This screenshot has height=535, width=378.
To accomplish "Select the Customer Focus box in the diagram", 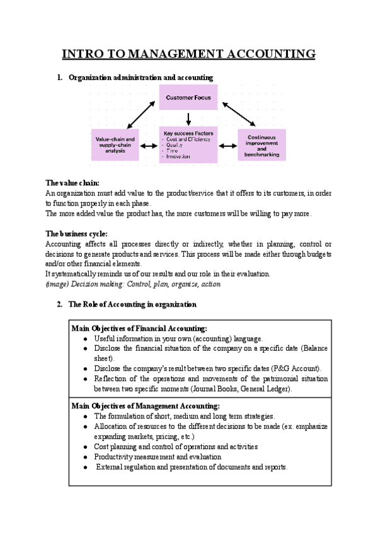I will [x=188, y=98].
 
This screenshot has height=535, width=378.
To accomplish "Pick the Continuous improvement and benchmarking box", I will [x=261, y=145].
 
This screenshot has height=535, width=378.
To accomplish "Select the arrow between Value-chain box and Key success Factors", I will [x=149, y=146].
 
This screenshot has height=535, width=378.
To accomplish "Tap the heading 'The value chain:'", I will [x=72, y=182].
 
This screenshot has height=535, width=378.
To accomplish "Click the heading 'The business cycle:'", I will [x=77, y=233].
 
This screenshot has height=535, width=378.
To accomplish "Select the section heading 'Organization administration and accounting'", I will [x=140, y=78].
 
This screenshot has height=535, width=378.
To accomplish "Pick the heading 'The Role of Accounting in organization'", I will [x=132, y=305].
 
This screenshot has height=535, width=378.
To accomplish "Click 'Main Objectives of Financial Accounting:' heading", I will [x=139, y=328].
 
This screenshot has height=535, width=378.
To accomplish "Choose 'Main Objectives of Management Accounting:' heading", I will [x=146, y=406].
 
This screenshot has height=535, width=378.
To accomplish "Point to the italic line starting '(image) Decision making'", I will [x=134, y=284].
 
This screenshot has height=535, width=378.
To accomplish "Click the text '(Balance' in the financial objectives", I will [x=313, y=348].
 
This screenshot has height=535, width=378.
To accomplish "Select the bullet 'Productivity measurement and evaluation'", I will [x=157, y=457].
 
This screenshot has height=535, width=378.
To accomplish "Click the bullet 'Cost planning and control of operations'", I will [x=176, y=447].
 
